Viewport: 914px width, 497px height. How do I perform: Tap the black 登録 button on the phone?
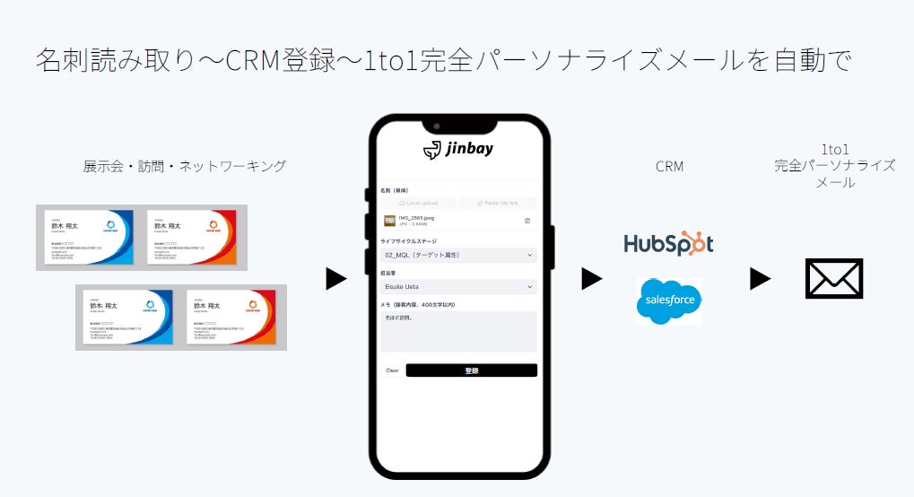471,371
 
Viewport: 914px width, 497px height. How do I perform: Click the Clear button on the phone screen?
392,371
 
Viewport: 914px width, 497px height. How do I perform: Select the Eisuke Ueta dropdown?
458,287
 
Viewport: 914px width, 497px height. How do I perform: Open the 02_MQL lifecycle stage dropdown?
458,256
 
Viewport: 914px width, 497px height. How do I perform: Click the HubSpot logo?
668,243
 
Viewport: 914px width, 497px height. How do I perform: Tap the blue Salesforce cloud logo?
669,301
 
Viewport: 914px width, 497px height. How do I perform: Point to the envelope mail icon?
834,278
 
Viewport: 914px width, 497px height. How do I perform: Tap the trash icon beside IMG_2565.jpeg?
527,221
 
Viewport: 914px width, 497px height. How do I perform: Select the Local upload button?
418,204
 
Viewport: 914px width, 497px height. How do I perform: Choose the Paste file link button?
498,204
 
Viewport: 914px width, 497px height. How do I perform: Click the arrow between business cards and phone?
335,279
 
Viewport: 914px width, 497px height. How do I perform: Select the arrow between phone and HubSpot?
591,279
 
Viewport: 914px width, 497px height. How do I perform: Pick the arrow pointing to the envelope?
760,279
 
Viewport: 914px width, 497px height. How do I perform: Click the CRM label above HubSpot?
669,166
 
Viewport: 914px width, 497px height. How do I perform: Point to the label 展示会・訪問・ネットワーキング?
185,166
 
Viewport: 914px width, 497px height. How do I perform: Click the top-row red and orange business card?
191,237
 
